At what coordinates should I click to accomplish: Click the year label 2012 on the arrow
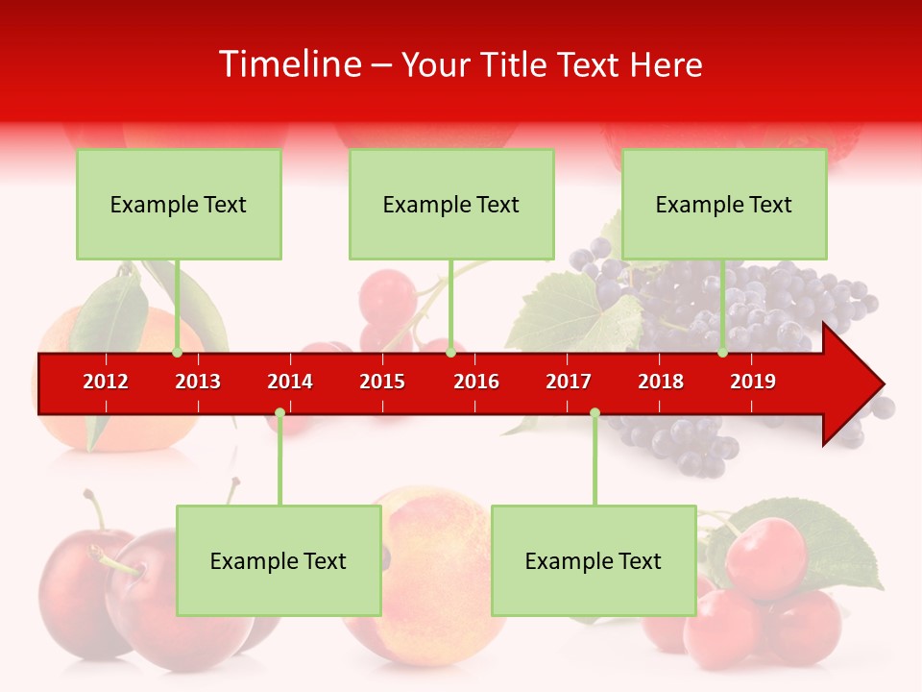[x=106, y=382]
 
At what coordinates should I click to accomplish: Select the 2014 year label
[x=290, y=382]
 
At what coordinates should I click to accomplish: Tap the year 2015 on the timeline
[x=382, y=382]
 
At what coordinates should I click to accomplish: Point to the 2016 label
[x=476, y=382]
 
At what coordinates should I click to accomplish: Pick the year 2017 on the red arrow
[x=569, y=382]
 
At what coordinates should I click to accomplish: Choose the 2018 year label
[x=661, y=382]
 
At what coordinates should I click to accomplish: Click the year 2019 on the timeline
[x=753, y=382]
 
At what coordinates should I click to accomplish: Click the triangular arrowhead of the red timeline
[x=851, y=384]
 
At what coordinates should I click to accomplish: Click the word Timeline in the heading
[x=290, y=64]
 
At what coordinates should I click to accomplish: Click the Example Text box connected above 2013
[x=179, y=204]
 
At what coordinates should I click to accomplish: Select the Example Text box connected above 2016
[x=451, y=204]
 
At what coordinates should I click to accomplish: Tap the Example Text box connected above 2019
[x=724, y=204]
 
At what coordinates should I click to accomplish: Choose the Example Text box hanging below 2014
[x=279, y=560]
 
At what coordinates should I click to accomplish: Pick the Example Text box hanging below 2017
[x=594, y=560]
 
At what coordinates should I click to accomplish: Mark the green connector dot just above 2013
[x=178, y=353]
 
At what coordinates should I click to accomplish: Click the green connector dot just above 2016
[x=450, y=353]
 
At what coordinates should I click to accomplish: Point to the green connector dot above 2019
[x=723, y=353]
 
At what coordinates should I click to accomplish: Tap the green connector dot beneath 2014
[x=279, y=413]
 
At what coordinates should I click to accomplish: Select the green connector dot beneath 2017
[x=594, y=413]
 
